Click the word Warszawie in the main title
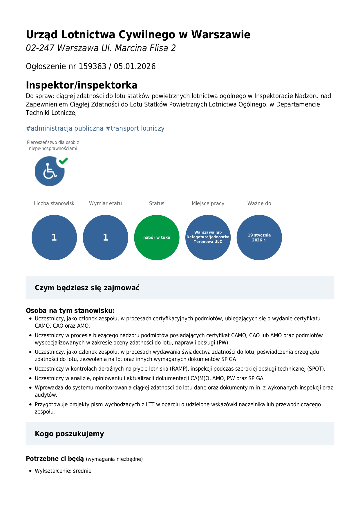click(220, 35)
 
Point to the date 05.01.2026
click(135, 66)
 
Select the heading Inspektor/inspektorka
click(82, 85)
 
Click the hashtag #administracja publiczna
click(65, 128)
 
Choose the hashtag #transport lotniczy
click(135, 128)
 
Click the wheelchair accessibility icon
click(49, 172)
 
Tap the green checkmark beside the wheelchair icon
click(63, 161)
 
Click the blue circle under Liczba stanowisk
click(54, 237)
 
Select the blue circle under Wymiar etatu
click(106, 237)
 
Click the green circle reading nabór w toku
click(157, 237)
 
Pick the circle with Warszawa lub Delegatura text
click(208, 237)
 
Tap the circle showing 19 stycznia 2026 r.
click(259, 237)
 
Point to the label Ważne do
click(259, 203)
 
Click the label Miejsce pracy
click(208, 203)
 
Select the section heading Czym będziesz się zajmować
click(87, 288)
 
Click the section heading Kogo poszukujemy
click(69, 434)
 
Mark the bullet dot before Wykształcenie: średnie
click(30, 471)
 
